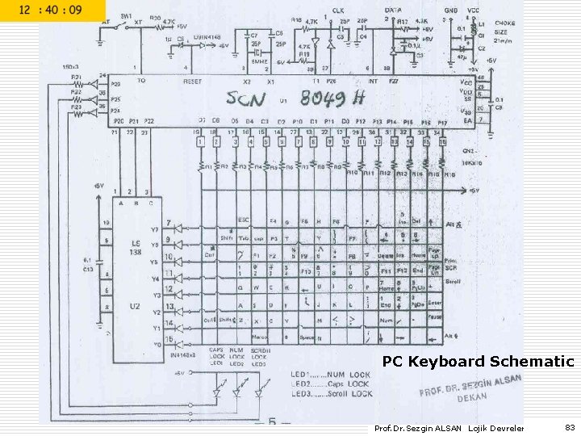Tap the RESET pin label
pyautogui.click(x=193, y=82)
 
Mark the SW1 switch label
pyautogui.click(x=127, y=16)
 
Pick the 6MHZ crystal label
pyautogui.click(x=260, y=61)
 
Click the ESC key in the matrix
pyautogui.click(x=243, y=220)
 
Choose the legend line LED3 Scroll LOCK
pyautogui.click(x=332, y=394)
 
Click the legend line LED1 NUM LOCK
pyautogui.click(x=332, y=375)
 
